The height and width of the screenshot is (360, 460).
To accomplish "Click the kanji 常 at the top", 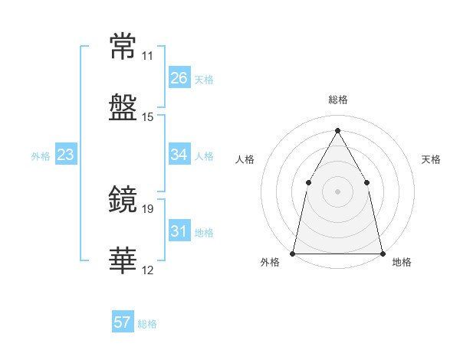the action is pos(123,46).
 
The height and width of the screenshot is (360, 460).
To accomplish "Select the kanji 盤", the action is pos(123,107).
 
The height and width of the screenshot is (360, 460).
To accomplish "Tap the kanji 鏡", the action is pos(123,198).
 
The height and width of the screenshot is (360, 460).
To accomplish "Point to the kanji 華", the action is pos(123,260).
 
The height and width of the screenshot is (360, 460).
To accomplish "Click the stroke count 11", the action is pos(147,56).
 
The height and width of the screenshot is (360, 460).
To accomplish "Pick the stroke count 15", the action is pos(147,117).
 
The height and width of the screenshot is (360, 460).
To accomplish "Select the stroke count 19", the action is pos(147,209).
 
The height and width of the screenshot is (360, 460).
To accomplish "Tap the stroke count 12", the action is pos(147,270).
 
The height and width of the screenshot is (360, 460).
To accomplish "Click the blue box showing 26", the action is pos(179,77).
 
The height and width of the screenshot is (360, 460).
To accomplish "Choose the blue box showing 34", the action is pos(179,154).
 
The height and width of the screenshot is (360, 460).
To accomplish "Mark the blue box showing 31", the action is pos(179,230).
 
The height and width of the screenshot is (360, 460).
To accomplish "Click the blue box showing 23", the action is pos(66,154).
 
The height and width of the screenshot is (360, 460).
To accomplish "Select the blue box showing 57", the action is pos(123,321).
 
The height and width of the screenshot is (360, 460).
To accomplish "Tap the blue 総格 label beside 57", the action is pos(147,324).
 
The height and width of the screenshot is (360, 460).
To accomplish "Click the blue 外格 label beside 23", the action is pos(41,156).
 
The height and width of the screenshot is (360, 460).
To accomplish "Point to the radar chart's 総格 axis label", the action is pos(338,100).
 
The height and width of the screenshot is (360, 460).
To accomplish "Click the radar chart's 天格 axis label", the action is pos(431,159).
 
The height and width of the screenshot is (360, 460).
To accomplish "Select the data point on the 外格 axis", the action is pos(293,254).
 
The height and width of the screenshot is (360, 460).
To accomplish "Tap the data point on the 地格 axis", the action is pos(383,254).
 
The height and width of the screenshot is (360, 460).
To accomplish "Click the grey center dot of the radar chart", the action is pos(337,191).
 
